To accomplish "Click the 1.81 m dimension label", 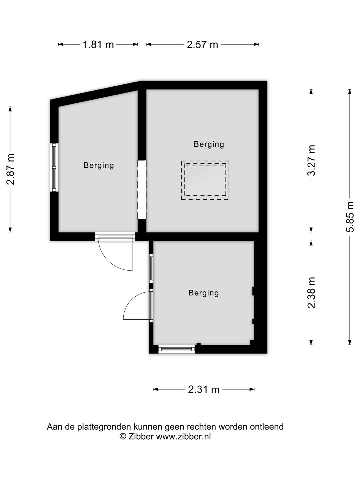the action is [98, 45].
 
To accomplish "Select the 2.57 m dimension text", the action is [202, 45].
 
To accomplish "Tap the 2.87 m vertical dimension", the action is [10, 169].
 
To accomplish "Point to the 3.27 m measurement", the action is [311, 160].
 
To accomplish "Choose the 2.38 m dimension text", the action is [311, 293].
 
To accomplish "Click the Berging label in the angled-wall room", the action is [99, 166].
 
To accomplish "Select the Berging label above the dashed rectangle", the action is [209, 145].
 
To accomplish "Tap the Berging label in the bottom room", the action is [203, 293].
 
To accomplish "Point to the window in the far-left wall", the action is [54, 168].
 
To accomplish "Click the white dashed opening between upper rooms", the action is [142, 190].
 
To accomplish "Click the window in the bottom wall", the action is [176, 349].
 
